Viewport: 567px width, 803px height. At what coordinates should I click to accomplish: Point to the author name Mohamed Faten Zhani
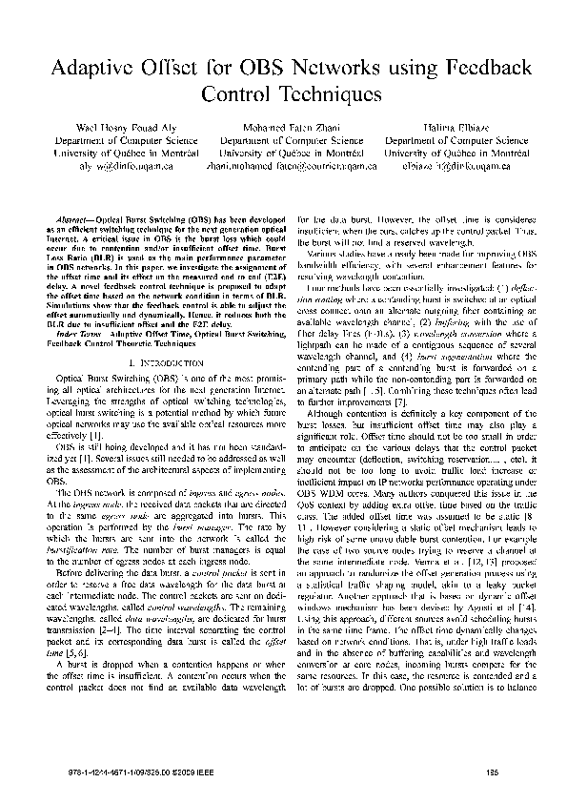(x=283, y=127)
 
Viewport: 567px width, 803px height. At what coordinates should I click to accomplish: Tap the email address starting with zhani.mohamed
(x=283, y=164)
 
